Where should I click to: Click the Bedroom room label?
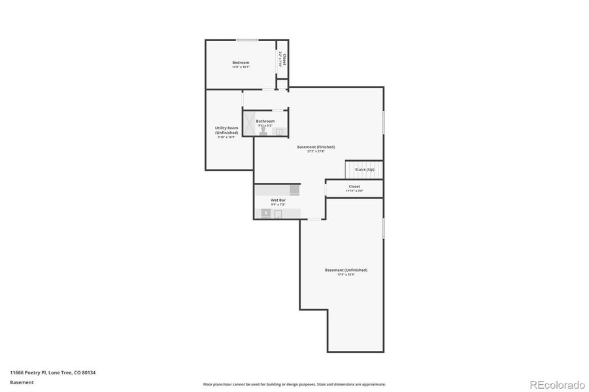coord(241,63)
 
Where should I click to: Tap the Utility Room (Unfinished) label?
coord(227,130)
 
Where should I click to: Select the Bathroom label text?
coord(265,121)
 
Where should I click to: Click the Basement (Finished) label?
coord(316,147)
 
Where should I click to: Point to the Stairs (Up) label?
coord(365,170)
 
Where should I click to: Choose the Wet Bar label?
coord(278,200)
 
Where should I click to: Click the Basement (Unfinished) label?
coord(346,270)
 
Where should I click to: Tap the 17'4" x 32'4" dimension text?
coord(346,274)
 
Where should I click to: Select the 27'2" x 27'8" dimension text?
coord(316,152)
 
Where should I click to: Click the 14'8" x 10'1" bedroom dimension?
coord(241,67)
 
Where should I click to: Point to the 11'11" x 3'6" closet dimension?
coord(354,191)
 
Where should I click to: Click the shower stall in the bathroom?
coord(248,123)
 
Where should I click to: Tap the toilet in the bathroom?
coord(263,131)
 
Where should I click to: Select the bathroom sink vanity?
coord(279,131)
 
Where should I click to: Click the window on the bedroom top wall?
coord(246,40)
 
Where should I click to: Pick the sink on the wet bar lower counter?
coord(266,213)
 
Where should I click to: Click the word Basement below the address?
coord(22,382)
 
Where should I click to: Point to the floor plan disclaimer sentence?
coord(294,384)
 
